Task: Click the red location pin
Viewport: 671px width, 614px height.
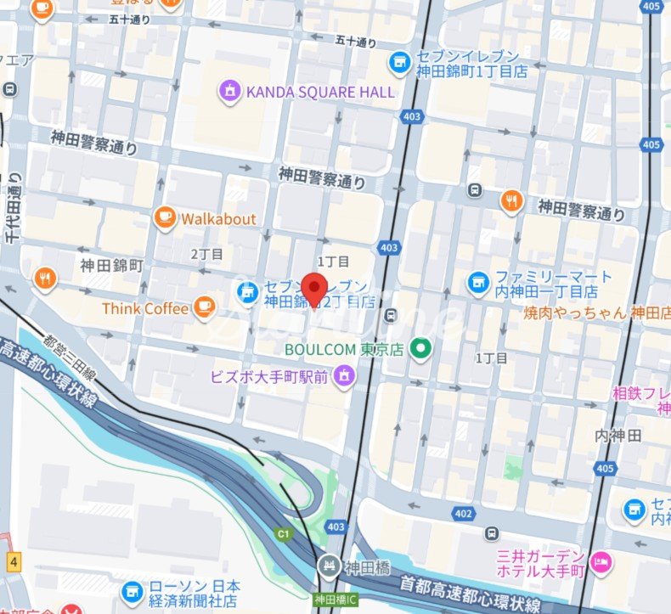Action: point(315,288)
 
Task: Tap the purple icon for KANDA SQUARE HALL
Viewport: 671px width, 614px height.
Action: point(229,91)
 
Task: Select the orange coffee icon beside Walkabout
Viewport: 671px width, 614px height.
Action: point(165,218)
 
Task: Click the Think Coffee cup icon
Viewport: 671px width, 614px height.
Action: point(204,308)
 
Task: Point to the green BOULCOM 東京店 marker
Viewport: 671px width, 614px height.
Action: point(419,348)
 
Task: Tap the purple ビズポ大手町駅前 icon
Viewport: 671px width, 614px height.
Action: point(344,375)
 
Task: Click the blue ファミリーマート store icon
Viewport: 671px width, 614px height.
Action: point(478,283)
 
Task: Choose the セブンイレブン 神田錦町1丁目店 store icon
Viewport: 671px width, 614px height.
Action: point(398,62)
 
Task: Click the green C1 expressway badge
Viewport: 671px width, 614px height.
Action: point(283,534)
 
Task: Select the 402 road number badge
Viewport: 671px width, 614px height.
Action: point(463,513)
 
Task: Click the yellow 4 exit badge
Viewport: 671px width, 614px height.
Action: point(14,561)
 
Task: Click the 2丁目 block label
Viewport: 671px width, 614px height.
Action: point(206,253)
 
